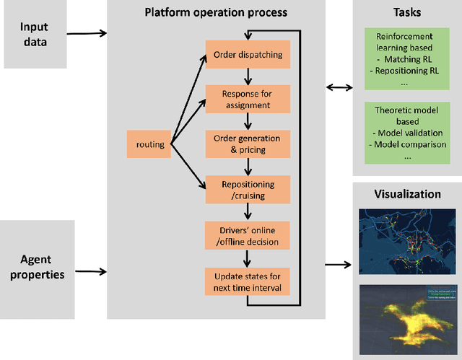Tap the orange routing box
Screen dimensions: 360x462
(x=150, y=144)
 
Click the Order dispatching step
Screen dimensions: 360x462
(x=248, y=55)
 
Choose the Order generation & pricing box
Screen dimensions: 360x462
(x=248, y=143)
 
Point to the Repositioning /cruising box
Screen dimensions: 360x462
(x=248, y=189)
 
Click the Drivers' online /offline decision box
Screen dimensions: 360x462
(x=248, y=235)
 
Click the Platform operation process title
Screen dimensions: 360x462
(x=215, y=12)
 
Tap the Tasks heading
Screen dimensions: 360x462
(x=407, y=12)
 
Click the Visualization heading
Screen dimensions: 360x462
(x=407, y=193)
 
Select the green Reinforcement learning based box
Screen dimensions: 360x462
(x=407, y=59)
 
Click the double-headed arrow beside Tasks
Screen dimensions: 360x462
(x=338, y=87)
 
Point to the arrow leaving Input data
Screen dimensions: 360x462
(x=90, y=32)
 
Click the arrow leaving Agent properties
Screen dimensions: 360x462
(x=90, y=272)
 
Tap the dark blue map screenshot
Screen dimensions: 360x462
(x=406, y=241)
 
